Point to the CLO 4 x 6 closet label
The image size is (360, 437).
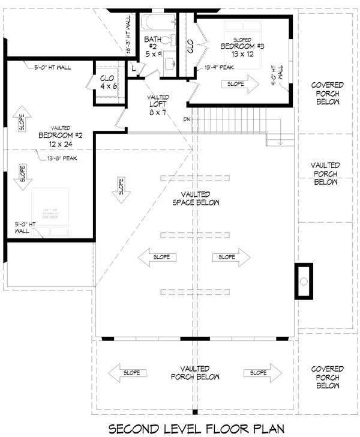point(109,82)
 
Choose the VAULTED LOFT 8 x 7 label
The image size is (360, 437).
point(158,104)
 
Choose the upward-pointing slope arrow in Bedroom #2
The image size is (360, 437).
point(22,122)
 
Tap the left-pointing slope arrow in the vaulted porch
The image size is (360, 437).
point(127,373)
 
